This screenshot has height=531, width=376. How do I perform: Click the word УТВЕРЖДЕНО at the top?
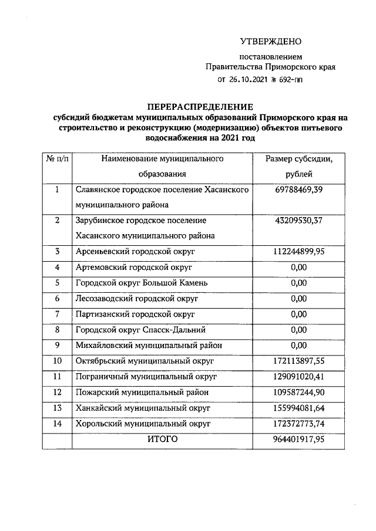[x=270, y=42]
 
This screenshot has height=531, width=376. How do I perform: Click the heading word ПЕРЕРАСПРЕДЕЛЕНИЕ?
[x=200, y=107]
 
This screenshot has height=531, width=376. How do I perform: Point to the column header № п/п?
[x=57, y=158]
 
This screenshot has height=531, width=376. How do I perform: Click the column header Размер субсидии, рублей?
[x=298, y=166]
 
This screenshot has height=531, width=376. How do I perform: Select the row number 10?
[x=57, y=360]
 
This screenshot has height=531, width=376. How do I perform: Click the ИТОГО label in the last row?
[x=160, y=438]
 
